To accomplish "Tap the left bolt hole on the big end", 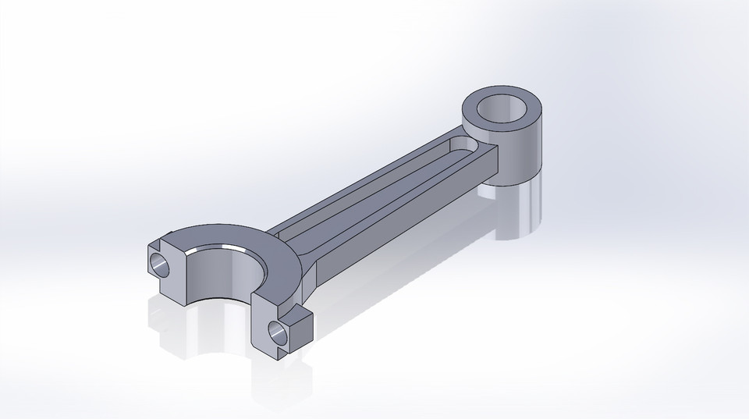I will (x=159, y=264).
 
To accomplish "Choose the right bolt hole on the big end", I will (x=276, y=332).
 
